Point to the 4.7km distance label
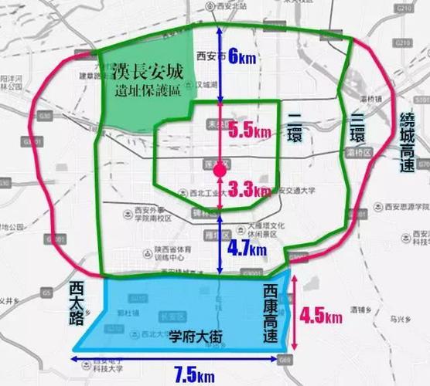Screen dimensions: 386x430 click(x=247, y=249)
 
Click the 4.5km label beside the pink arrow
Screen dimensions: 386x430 click(x=321, y=317)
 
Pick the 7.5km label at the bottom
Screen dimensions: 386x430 click(x=194, y=375)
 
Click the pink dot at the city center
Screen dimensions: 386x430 click(x=220, y=168)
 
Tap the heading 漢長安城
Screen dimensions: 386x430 click(x=147, y=74)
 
